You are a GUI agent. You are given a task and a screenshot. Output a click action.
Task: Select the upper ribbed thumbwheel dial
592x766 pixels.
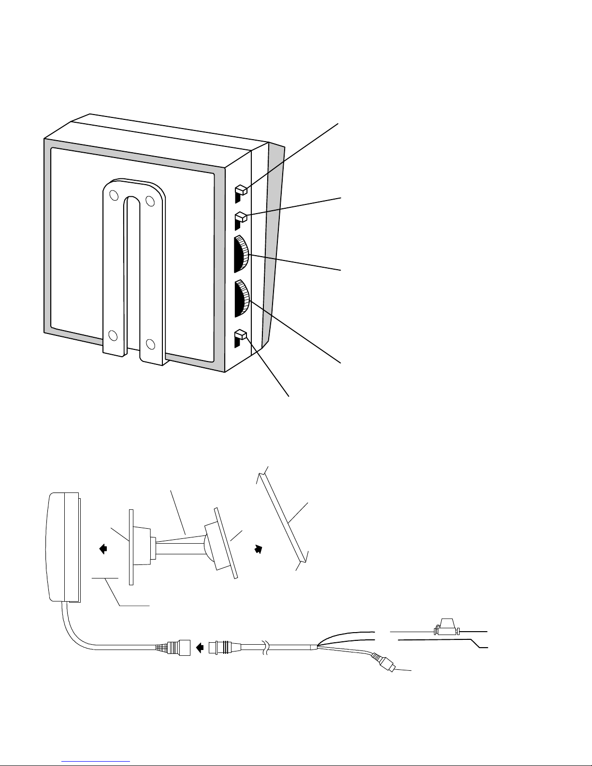(242, 253)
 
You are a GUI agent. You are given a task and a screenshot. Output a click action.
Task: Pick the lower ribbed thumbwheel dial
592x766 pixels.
(242, 298)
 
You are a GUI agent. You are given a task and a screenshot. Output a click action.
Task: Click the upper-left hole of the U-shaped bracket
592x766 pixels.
(113, 196)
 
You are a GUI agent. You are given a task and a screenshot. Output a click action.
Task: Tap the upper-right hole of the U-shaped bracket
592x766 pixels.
(150, 200)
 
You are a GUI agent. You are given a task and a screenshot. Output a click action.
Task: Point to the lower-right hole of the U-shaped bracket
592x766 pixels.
(150, 344)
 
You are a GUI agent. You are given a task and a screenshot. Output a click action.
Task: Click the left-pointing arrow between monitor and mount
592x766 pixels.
(103, 548)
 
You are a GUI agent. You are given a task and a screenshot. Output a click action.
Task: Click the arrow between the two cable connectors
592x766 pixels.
(199, 647)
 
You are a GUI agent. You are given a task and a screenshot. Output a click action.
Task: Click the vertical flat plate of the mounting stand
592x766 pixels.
(131, 546)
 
